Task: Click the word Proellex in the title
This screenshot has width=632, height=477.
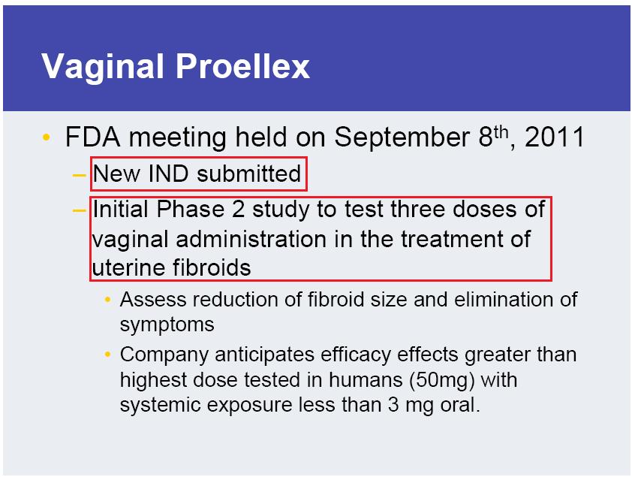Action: point(242,66)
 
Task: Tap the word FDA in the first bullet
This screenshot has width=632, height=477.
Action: point(93,137)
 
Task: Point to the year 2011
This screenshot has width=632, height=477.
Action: point(555,137)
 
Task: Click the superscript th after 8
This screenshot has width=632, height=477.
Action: point(501,132)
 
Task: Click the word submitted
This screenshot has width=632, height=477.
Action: point(248,174)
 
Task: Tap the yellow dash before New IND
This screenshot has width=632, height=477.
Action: point(79,175)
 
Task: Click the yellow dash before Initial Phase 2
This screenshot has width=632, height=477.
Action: point(79,210)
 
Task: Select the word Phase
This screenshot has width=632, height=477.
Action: point(191,210)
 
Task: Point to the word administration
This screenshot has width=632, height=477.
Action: point(251,239)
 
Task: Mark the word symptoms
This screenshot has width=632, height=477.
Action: point(167,325)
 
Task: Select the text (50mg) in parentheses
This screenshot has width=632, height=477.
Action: point(442,380)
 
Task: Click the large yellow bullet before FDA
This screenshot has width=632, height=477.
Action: point(47,137)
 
